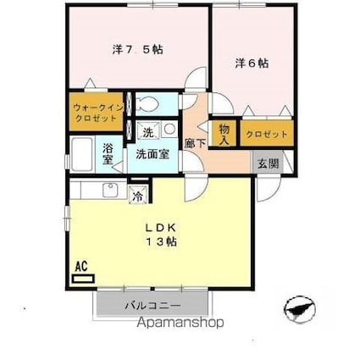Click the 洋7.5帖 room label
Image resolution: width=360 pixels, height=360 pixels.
pyautogui.click(x=136, y=49)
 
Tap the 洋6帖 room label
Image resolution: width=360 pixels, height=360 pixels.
pyautogui.click(x=252, y=63)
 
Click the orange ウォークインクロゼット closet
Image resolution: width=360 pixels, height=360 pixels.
pyautogui.click(x=95, y=114)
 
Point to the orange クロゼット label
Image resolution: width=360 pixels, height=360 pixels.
pyautogui.click(x=267, y=134)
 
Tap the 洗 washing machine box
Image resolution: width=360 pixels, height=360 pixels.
pyautogui.click(x=147, y=132)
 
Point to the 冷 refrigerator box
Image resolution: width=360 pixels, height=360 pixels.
pyautogui.click(x=137, y=196)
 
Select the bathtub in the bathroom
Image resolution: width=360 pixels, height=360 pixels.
pyautogui.click(x=84, y=156)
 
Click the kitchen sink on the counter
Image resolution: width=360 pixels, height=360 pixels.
pyautogui.click(x=109, y=190)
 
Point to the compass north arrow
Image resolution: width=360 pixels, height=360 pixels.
pyautogui.click(x=299, y=307)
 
